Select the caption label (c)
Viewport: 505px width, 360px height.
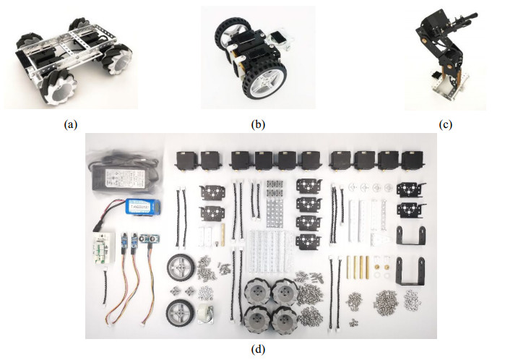point(446,124)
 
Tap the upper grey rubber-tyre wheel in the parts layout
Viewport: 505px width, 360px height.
point(181,269)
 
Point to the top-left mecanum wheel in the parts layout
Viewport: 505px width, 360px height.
point(257,290)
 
